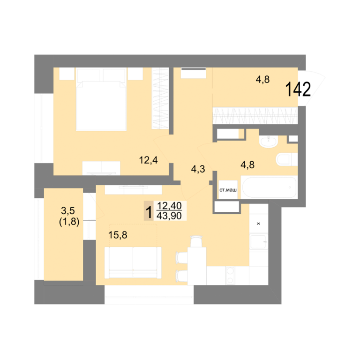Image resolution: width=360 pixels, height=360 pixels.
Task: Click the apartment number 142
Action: [298, 90]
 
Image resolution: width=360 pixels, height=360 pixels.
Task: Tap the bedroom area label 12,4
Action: [148, 160]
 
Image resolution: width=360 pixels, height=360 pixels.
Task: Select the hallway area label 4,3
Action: [198, 169]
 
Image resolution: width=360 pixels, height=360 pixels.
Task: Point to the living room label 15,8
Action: [118, 235]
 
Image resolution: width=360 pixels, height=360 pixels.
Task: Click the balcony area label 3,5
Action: [68, 210]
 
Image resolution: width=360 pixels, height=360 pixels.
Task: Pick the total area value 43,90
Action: [169, 216]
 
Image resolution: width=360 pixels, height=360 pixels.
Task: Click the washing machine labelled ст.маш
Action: [228, 190]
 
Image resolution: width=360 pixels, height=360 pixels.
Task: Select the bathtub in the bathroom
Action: [269, 187]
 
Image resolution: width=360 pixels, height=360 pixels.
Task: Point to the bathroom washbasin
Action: [269, 141]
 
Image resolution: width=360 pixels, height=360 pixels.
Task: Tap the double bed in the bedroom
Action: [101, 99]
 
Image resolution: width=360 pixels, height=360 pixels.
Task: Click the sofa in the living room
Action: [133, 262]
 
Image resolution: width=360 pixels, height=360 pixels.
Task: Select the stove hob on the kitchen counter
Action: [230, 275]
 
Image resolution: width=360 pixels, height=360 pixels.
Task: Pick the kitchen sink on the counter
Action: [259, 242]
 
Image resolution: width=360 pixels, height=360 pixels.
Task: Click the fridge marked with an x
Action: [259, 224]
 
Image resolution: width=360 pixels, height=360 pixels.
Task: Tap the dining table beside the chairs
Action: [197, 266]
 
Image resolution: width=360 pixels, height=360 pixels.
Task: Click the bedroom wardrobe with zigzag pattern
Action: [160, 98]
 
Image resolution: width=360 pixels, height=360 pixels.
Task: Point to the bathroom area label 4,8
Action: [247, 165]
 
